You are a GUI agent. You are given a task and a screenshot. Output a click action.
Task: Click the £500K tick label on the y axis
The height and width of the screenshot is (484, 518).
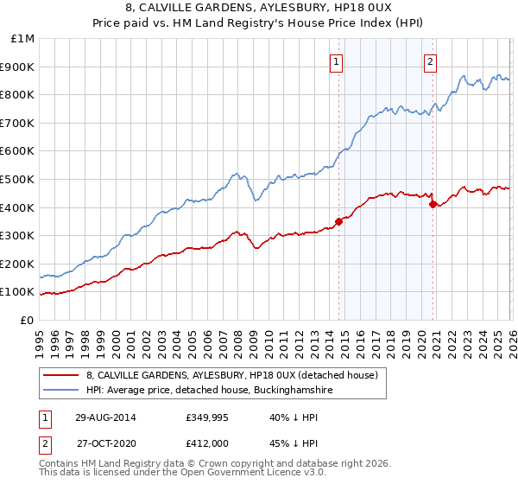point(19,179)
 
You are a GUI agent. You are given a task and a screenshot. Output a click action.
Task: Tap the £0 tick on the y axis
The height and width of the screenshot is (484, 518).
point(28,320)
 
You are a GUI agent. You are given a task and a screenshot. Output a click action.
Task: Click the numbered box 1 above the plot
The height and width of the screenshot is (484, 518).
point(336,61)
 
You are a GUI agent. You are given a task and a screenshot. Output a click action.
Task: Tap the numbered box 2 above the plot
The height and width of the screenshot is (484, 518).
point(430,61)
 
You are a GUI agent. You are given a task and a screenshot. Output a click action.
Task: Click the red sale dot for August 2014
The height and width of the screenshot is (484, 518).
point(338,221)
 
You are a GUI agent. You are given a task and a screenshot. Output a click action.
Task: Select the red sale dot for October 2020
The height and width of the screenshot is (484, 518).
point(433,204)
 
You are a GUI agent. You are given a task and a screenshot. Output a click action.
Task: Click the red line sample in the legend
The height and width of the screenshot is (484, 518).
point(60,375)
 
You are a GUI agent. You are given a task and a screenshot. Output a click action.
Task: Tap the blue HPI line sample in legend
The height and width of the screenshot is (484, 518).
point(60,391)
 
